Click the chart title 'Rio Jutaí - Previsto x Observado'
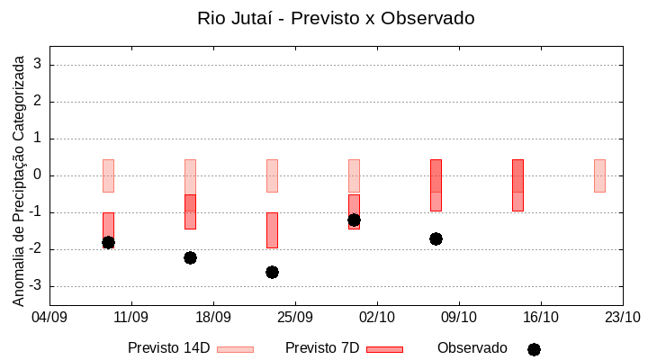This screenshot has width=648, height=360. click(336, 18)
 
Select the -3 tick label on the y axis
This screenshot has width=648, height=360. click(36, 286)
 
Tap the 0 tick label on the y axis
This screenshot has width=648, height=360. click(39, 175)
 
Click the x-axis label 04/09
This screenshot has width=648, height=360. click(49, 317)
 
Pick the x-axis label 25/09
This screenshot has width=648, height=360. click(294, 317)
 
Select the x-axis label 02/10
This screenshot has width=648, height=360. click(376, 317)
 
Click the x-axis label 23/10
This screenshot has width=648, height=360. click(622, 317)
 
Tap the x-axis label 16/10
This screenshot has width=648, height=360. click(540, 317)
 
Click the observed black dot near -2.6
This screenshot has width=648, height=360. click(272, 272)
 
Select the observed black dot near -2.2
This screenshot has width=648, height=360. click(190, 257)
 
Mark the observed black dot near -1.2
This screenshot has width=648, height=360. click(354, 220)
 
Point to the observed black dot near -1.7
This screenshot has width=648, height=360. click(436, 238)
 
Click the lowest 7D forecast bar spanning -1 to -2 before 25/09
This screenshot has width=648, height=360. click(272, 230)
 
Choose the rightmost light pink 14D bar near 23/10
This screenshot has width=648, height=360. click(599, 175)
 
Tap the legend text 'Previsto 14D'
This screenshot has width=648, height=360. click(169, 348)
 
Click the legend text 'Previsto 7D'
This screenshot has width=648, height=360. click(322, 348)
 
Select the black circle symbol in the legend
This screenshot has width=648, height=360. click(534, 349)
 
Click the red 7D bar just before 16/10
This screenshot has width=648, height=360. click(517, 185)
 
